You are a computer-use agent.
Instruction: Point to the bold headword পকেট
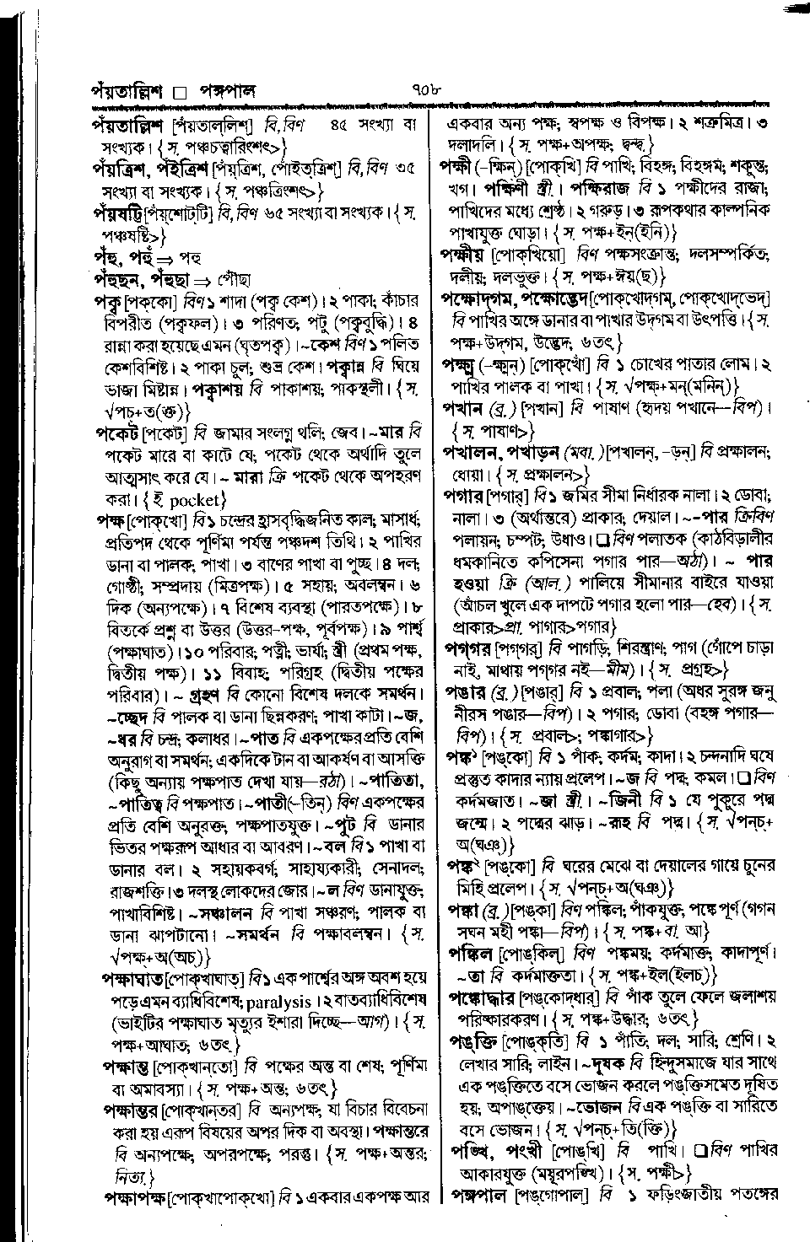click(x=116, y=433)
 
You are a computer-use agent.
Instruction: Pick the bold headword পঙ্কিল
click(x=472, y=953)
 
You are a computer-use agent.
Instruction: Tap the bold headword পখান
click(x=462, y=408)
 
